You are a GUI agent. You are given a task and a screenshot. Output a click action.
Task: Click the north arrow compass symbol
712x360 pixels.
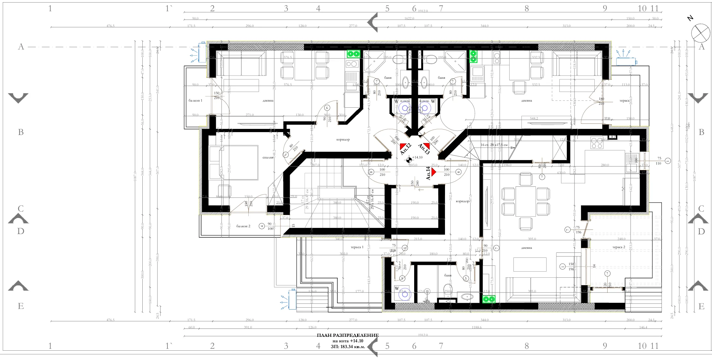pos(700,33)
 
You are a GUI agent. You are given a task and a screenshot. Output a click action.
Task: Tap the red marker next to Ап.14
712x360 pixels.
pos(433,172)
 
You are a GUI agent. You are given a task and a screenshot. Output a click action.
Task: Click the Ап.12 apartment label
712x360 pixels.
pos(405,149)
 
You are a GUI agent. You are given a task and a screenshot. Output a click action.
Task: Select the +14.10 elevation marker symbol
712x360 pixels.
pos(409,159)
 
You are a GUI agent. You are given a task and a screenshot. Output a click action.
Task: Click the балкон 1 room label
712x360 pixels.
pos(195,101)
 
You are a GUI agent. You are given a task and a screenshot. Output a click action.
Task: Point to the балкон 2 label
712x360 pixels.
pos(243,226)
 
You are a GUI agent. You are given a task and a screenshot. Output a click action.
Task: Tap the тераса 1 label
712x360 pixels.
pos(357,247)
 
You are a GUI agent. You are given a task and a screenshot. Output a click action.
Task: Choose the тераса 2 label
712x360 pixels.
pos(619,247)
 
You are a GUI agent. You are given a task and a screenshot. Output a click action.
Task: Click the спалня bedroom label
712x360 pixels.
pos(268,157)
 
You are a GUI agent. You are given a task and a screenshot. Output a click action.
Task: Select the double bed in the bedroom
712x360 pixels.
pos(234,162)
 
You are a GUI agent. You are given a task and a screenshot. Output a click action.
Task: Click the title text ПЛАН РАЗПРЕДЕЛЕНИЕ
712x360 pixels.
pos(348,335)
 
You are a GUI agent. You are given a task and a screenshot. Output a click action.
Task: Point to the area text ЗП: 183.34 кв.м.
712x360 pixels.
pos(348,347)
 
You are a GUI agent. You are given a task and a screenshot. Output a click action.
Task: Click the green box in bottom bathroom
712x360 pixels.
pos(489,299)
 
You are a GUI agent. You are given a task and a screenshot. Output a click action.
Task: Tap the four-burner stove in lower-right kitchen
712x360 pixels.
pos(597,143)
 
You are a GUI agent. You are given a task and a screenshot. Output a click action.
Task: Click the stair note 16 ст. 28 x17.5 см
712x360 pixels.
pos(494,145)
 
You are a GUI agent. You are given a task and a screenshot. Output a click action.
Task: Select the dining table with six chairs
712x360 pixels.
pos(526,202)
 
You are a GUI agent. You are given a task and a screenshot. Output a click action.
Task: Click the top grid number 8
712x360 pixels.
pos(527,9)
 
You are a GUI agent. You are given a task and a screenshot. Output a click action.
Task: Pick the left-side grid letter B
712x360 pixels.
pos(21,132)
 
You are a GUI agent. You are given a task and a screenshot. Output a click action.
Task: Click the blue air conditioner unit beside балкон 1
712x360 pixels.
pos(202,52)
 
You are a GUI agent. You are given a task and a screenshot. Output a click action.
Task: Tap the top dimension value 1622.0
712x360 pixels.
pos(409,19)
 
